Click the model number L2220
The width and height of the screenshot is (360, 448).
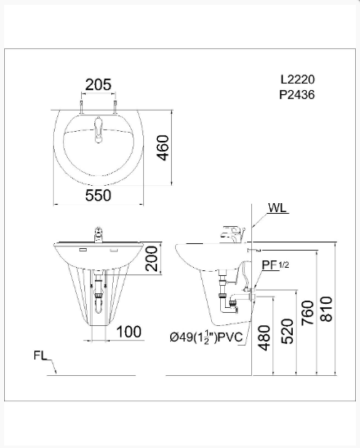pyautogui.click(x=297, y=80)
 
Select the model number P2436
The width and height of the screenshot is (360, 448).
pyautogui.click(x=297, y=95)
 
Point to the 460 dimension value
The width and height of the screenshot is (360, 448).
pyautogui.click(x=163, y=148)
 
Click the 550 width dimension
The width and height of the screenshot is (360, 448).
pyautogui.click(x=98, y=195)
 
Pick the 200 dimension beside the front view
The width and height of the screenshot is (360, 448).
pyautogui.click(x=163, y=261)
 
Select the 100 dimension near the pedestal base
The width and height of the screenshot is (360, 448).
pyautogui.click(x=128, y=332)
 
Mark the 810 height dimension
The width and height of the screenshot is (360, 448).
pyautogui.click(x=328, y=308)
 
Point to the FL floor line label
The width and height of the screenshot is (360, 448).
pyautogui.click(x=42, y=355)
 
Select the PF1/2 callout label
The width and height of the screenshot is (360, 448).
pyautogui.click(x=272, y=265)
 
